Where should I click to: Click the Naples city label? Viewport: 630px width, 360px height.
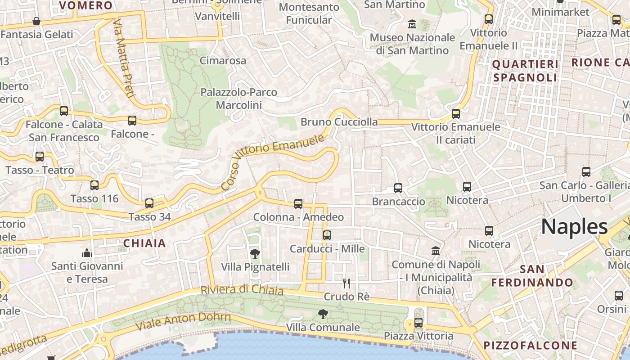tap(574, 227)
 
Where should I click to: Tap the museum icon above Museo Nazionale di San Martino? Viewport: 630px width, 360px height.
tap(412, 24)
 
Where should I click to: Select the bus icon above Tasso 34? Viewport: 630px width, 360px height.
tap(149, 203)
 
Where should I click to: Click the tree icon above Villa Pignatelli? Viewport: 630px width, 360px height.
tap(255, 254)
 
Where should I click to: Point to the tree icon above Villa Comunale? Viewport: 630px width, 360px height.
tap(323, 314)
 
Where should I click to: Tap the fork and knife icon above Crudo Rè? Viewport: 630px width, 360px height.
tap(346, 283)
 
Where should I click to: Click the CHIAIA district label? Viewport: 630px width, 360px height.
tap(144, 244)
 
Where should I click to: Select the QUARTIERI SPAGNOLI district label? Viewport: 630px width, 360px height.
tap(525, 71)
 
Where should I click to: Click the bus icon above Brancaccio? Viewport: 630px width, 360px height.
tap(398, 188)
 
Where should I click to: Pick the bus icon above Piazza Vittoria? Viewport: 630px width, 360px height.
tap(418, 323)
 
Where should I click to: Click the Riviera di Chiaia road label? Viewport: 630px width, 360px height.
tap(242, 290)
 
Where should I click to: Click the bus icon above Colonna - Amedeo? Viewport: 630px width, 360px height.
tap(298, 204)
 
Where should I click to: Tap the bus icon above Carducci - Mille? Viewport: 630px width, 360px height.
tap(327, 235)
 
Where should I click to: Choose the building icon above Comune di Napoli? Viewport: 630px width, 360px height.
tap(436, 251)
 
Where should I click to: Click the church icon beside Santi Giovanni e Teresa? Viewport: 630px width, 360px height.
tap(87, 253)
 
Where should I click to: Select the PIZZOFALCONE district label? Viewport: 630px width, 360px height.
tap(530, 346)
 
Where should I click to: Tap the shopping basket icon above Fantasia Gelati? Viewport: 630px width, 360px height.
tap(36, 21)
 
